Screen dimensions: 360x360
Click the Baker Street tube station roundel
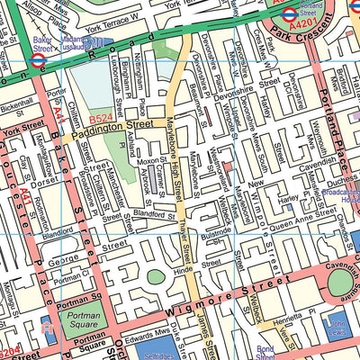[x=37, y=62]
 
